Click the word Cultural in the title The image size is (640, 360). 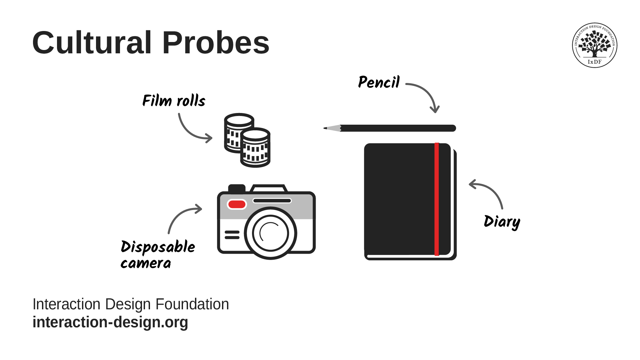(x=92, y=43)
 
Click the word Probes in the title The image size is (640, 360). (x=216, y=43)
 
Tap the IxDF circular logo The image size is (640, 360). (x=595, y=45)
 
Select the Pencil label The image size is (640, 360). (x=379, y=82)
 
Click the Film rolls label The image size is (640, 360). (x=174, y=100)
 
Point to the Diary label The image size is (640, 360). (x=502, y=222)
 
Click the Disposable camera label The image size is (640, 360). (x=158, y=254)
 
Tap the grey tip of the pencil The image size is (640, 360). (x=332, y=128)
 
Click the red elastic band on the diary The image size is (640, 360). (x=437, y=199)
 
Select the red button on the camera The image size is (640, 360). (x=237, y=204)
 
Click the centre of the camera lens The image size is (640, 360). (x=270, y=233)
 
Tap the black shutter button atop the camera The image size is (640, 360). (x=237, y=189)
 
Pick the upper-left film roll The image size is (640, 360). (x=237, y=133)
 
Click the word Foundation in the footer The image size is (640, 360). (x=192, y=304)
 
